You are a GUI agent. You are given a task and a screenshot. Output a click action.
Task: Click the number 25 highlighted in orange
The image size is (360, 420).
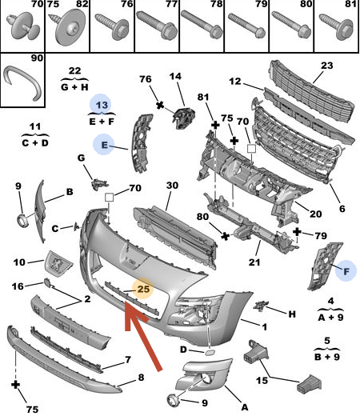coord(143,289)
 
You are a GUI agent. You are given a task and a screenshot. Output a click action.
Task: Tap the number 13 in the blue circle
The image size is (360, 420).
coord(102,105)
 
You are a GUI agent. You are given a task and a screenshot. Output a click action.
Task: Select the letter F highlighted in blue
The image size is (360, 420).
coord(346,272)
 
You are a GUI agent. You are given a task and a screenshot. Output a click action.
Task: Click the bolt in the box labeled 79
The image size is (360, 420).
coord(247,26)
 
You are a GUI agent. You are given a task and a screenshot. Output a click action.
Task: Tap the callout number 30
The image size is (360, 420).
coord(172,186)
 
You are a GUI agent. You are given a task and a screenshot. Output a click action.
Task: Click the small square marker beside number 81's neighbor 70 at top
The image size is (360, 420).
coord(251,149)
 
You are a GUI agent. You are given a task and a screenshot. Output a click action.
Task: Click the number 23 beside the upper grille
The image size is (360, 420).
coord(326,66)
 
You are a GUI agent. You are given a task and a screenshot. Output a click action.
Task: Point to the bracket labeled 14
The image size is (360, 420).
coord(183,118)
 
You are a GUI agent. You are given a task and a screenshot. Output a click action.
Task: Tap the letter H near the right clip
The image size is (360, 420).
coord(292,314)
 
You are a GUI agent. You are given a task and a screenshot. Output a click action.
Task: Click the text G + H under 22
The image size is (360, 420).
coord(74,87)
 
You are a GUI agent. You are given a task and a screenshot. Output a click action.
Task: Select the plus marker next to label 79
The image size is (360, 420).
coord(297,232)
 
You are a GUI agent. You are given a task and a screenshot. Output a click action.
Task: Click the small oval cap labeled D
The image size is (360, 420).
coord(209,353)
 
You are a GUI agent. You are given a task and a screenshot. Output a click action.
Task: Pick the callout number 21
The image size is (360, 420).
coord(254,262)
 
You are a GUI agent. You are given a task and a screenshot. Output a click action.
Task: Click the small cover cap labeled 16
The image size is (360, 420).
coord(47,283)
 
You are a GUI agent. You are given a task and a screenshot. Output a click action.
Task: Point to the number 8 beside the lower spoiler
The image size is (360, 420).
coord(141,378)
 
